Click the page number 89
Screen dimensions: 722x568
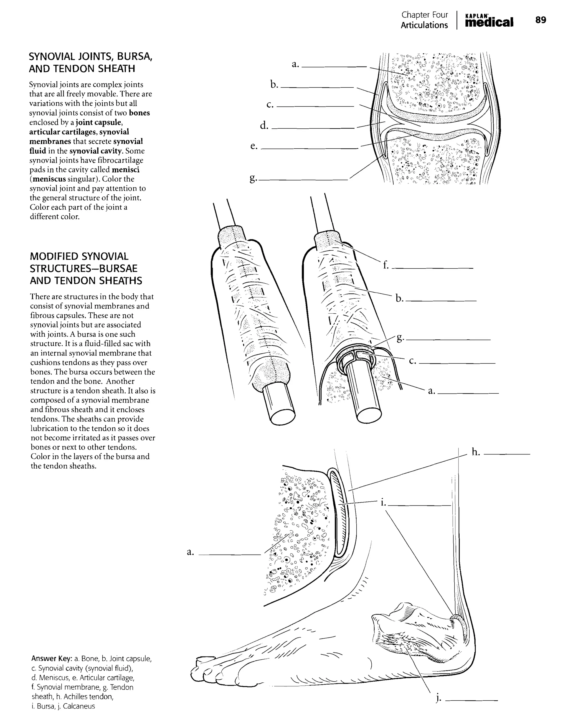[541, 20]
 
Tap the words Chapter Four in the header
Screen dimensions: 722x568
[425, 15]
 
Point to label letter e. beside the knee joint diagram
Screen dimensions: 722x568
[254, 146]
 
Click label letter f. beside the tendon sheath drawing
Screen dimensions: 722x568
[386, 265]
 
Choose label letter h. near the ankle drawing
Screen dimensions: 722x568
[476, 452]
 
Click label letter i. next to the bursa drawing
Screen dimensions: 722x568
[383, 503]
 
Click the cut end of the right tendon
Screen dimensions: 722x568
[369, 414]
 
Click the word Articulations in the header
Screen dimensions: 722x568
[424, 25]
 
